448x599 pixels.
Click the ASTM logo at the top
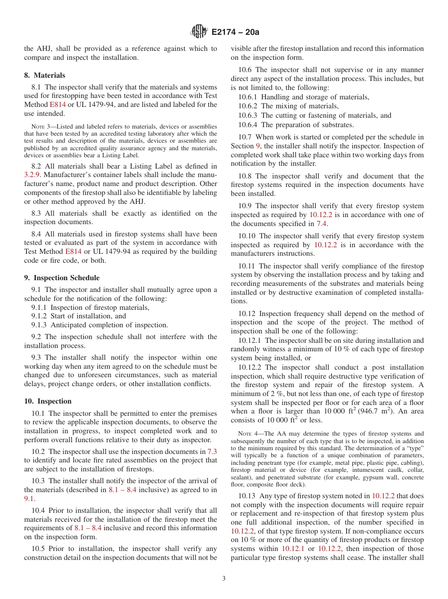pyautogui.click(x=199, y=32)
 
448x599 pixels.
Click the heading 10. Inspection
pyautogui.click(x=48, y=401)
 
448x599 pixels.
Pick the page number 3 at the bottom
pyautogui.click(x=224, y=579)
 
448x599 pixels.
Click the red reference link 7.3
pyautogui.click(x=212, y=451)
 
